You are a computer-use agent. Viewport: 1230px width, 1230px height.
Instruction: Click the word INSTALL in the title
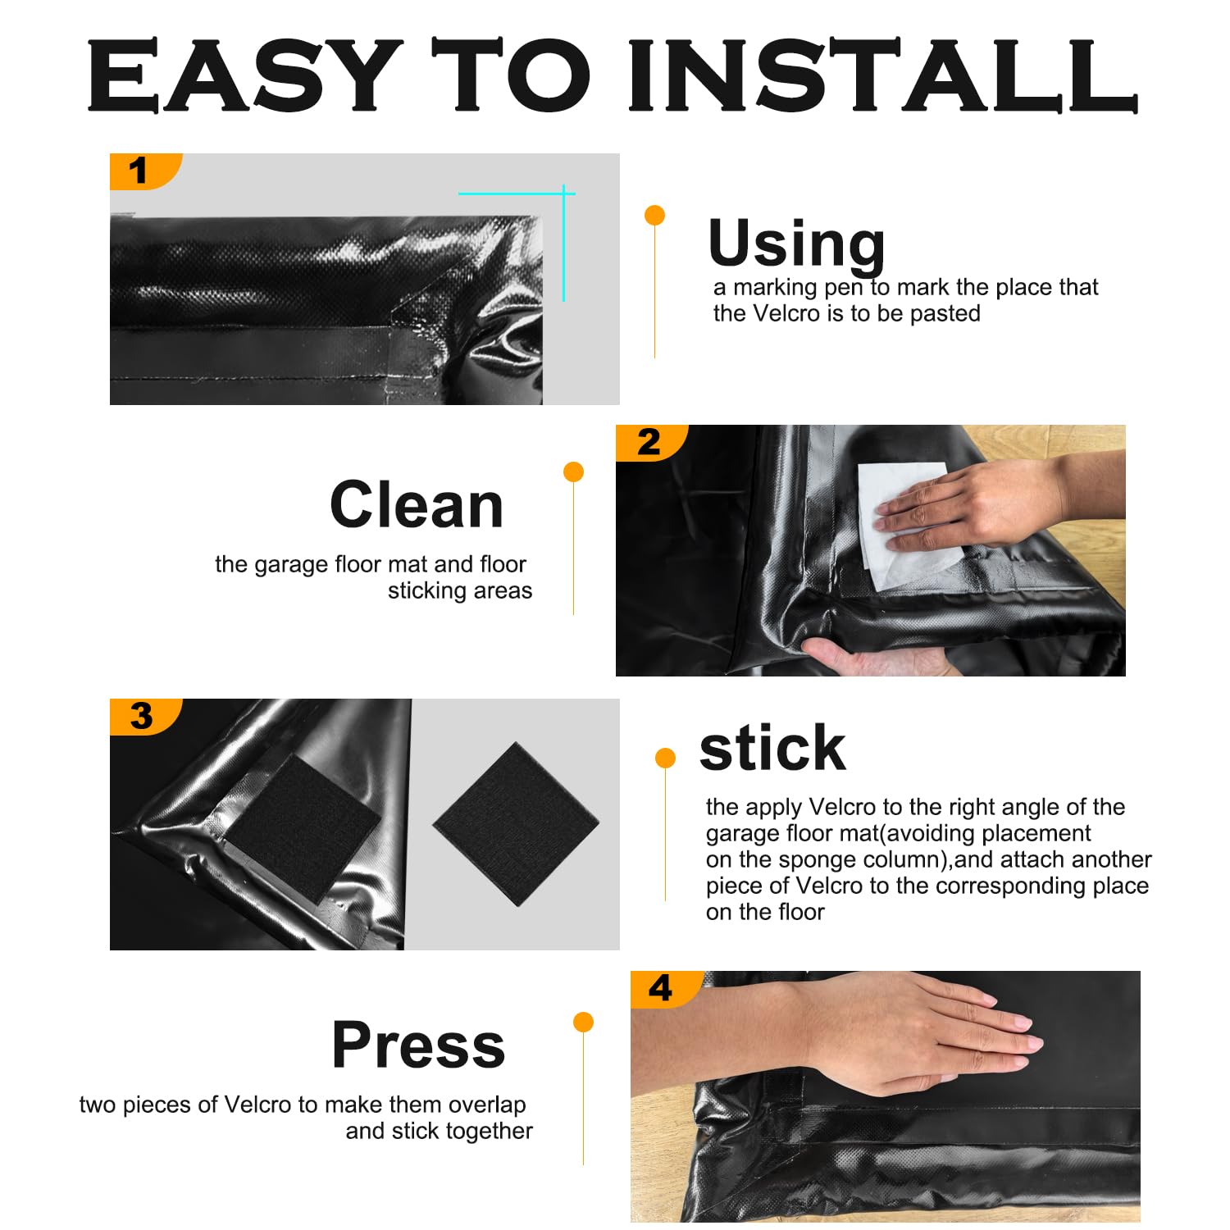coord(882,75)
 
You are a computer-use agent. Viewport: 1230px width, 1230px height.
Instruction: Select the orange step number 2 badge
coord(648,443)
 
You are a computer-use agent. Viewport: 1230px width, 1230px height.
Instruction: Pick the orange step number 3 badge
coord(141,716)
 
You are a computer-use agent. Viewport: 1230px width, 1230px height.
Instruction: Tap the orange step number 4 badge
coord(661,989)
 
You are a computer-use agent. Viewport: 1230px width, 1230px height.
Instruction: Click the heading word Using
coord(796,244)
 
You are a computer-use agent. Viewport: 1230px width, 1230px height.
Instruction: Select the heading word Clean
coord(417,505)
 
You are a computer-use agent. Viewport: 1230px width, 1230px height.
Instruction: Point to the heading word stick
coord(772,748)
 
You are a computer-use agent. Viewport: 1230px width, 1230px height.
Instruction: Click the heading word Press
coord(418,1045)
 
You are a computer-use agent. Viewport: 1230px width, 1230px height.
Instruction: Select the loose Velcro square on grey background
coord(516,823)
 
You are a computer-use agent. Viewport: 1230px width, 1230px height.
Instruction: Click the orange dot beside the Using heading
coord(654,216)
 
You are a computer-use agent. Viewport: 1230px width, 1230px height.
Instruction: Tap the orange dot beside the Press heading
coord(583,1022)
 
